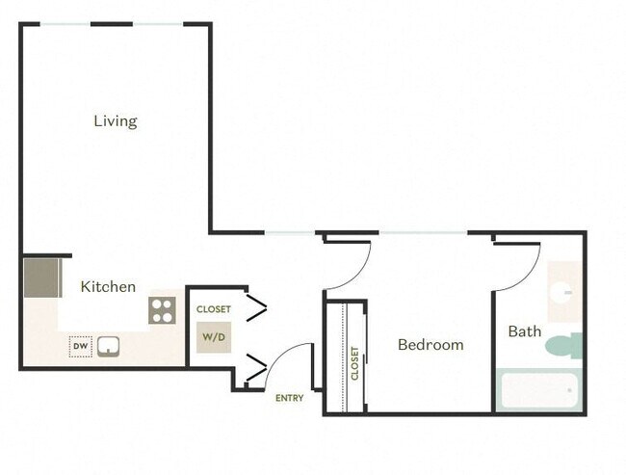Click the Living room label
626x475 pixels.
pos(115,121)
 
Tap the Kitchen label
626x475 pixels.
pos(107,287)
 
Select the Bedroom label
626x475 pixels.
pos(430,345)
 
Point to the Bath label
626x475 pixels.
pos(525,331)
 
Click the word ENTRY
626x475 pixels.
pos(289,398)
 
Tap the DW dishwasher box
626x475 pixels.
pos(79,345)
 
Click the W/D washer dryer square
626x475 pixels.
pos(213,337)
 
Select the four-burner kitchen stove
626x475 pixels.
pos(162,310)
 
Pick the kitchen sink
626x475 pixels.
pos(108,345)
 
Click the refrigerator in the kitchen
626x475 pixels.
pos(41,277)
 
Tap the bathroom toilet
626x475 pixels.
pos(569,344)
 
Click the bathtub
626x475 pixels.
pos(538,391)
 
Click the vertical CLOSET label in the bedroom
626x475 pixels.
pos(354,363)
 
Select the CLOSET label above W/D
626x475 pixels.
pos(213,309)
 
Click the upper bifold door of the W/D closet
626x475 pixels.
pos(256,308)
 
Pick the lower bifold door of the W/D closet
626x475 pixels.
pos(256,366)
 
